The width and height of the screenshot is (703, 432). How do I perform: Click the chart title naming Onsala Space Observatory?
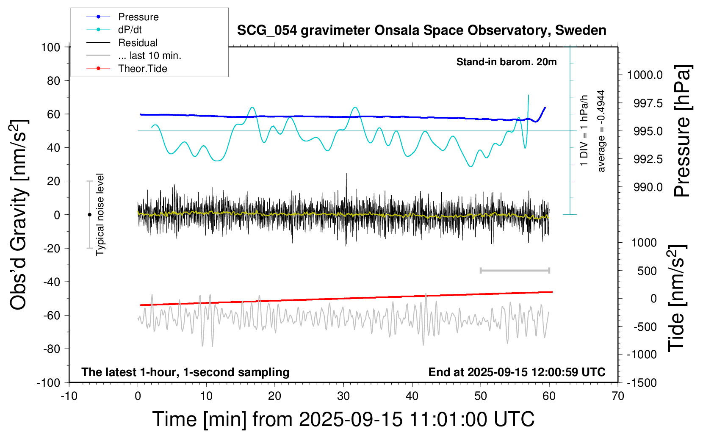[421, 30]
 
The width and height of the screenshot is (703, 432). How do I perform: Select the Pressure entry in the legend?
[138, 17]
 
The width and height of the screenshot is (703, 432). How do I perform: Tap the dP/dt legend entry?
[130, 30]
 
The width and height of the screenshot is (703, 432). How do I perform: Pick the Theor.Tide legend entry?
[142, 69]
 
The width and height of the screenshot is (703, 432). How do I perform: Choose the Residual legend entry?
[138, 43]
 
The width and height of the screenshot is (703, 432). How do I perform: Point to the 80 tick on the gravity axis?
[53, 80]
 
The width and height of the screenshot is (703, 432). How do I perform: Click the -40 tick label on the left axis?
[51, 282]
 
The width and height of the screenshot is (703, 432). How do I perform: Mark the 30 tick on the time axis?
[343, 396]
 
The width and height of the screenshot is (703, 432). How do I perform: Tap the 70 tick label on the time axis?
[618, 396]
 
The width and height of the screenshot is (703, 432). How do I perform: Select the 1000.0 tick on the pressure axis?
[645, 75]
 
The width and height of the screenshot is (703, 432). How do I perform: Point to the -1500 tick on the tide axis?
[641, 383]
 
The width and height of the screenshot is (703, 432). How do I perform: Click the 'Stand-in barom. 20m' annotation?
[506, 62]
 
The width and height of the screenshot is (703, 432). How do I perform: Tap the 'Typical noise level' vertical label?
[100, 214]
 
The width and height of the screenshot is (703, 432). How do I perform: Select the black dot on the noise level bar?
[89, 215]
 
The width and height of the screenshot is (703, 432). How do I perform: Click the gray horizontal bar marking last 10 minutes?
[515, 270]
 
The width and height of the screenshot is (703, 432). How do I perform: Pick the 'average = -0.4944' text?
[601, 131]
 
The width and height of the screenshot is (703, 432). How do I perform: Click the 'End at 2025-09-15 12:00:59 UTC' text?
[517, 372]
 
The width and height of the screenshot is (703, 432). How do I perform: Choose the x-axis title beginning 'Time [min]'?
[343, 419]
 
